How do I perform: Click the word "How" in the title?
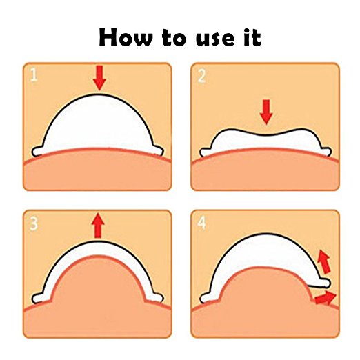tap(126, 37)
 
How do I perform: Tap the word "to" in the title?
tap(173, 37)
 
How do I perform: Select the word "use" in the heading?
tap(216, 39)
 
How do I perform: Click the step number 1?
tap(34, 74)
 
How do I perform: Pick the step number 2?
tap(201, 76)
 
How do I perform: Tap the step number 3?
tap(34, 223)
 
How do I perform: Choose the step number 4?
tap(201, 223)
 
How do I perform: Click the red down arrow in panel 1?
tap(99, 78)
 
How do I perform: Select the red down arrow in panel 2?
tap(266, 112)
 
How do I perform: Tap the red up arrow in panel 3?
tap(98, 226)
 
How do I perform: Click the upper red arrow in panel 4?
tap(323, 262)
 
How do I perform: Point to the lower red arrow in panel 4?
tap(325, 298)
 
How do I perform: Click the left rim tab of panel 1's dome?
tap(38, 151)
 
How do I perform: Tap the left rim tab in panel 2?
tap(206, 152)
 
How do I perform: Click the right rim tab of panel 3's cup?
tap(158, 297)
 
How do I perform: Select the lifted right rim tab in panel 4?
tap(323, 283)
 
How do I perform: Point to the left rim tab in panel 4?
tap(206, 298)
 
